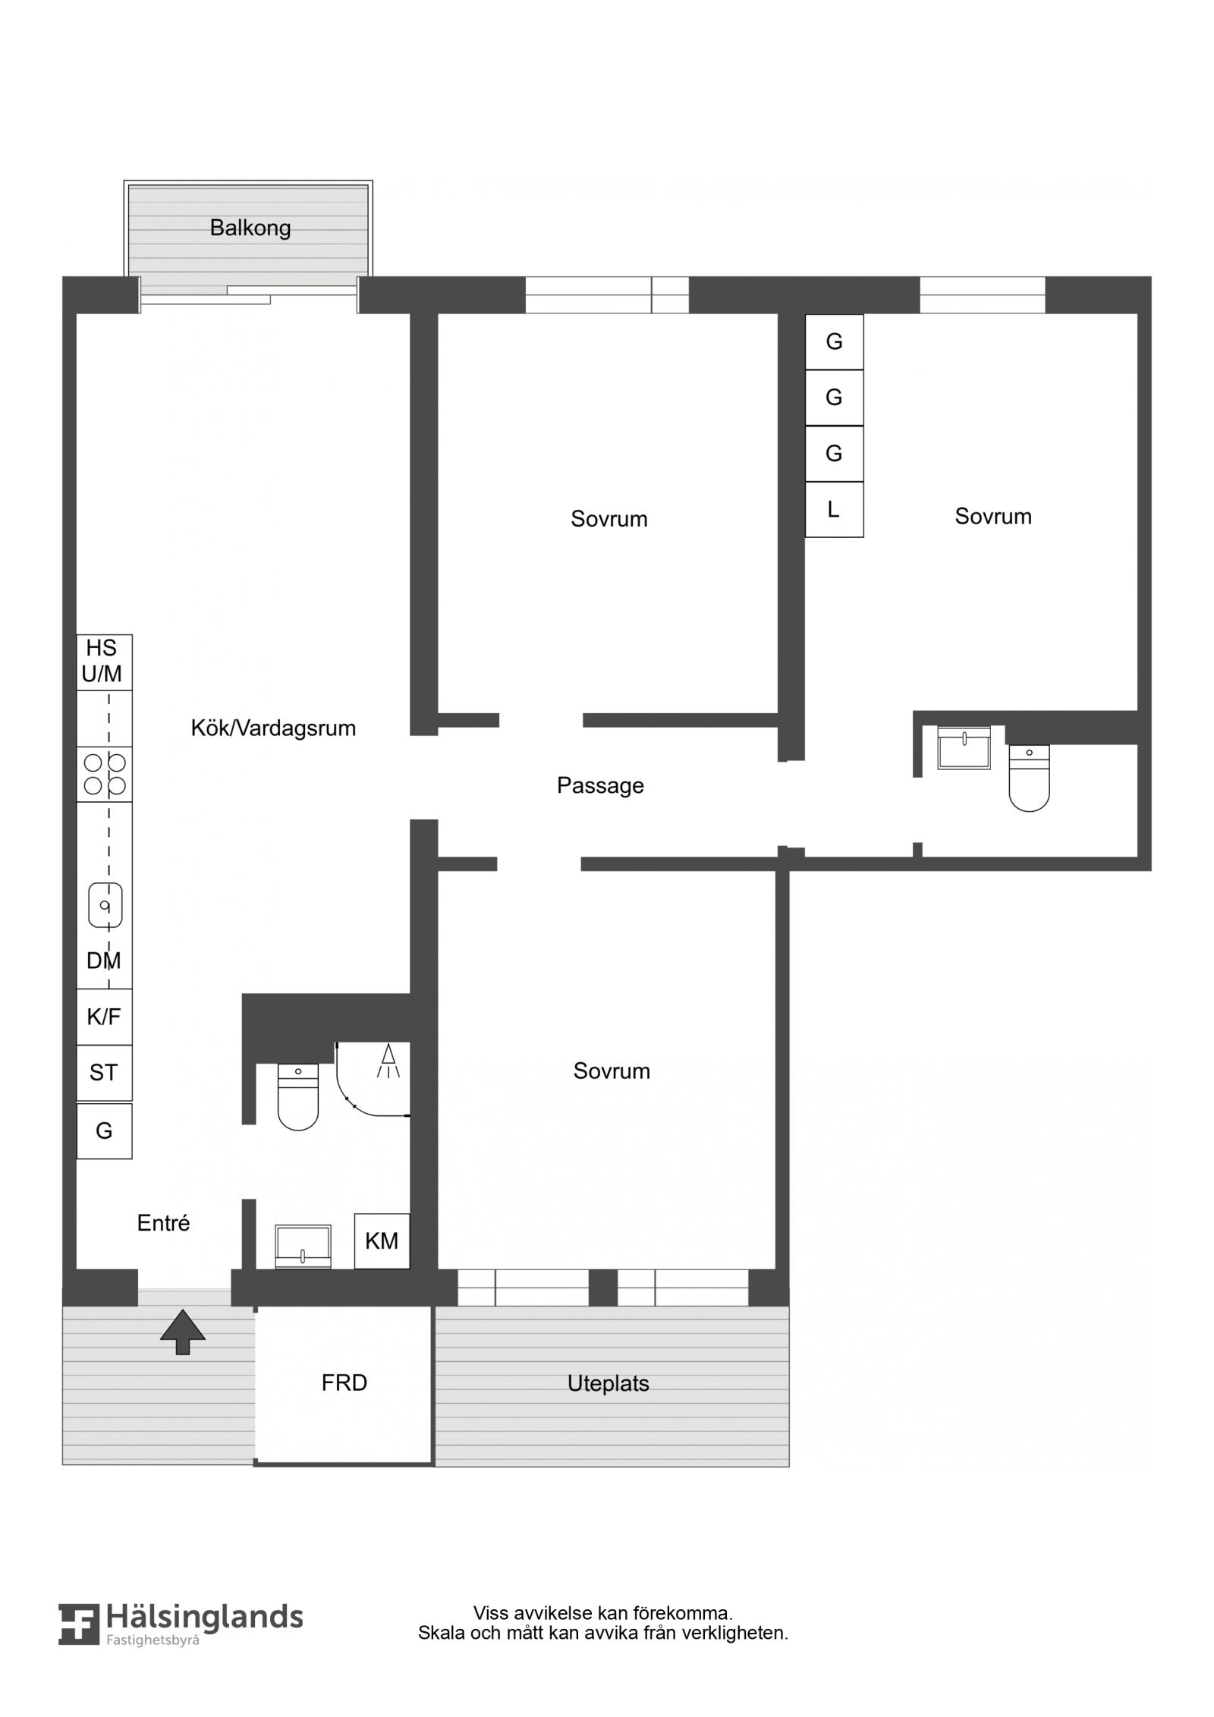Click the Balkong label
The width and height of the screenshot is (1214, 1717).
pos(250,228)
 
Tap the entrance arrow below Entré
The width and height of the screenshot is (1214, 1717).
pos(183,1332)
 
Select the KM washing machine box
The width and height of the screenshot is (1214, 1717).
pos(382,1241)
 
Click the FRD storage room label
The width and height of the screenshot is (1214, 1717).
pos(344,1382)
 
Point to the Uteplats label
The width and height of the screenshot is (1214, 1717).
pos(609,1383)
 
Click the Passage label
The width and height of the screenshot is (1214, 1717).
pos(600,785)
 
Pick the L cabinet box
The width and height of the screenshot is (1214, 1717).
pos(834,509)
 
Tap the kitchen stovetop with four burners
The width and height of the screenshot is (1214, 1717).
pos(105,774)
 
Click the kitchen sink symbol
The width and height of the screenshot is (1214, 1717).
pos(105,905)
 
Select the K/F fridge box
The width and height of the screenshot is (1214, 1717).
pos(105,1017)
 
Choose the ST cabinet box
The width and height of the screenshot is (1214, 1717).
pos(105,1073)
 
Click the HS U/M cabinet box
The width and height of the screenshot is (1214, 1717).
pos(105,662)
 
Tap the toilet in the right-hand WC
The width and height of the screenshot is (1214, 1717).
pos(1029,778)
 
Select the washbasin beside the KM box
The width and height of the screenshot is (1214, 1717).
pos(303,1247)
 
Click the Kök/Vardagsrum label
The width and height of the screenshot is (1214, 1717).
pos(273,728)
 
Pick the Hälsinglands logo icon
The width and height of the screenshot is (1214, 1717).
pos(79,1646)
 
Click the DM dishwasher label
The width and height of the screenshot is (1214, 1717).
pos(104,961)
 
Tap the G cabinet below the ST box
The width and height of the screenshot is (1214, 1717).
pos(105,1131)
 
